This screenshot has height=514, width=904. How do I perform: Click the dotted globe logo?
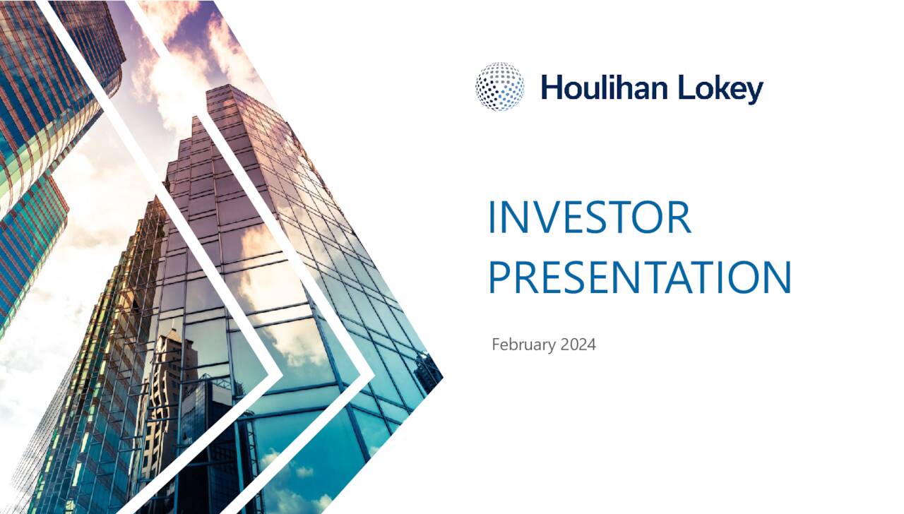point(499,87)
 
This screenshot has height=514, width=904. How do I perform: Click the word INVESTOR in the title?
point(589,217)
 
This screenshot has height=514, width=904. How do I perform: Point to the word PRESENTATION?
point(639,277)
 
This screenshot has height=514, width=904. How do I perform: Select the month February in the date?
point(524,345)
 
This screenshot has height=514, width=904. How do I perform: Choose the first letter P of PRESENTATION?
point(499,277)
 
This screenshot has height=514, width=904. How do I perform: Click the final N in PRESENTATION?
point(777,277)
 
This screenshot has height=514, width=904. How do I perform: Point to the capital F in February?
point(496,345)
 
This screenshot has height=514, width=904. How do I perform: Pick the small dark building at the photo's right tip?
point(428,371)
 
